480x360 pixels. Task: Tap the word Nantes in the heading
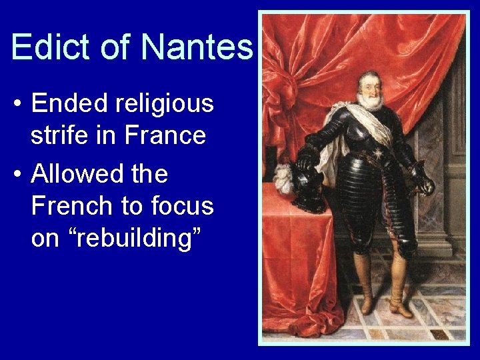click(x=197, y=47)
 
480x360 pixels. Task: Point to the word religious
click(x=164, y=103)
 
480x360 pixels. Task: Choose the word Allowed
click(x=75, y=174)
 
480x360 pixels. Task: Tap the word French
click(x=71, y=206)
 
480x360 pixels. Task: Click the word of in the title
click(x=115, y=47)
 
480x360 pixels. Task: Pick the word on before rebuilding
click(x=45, y=238)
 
